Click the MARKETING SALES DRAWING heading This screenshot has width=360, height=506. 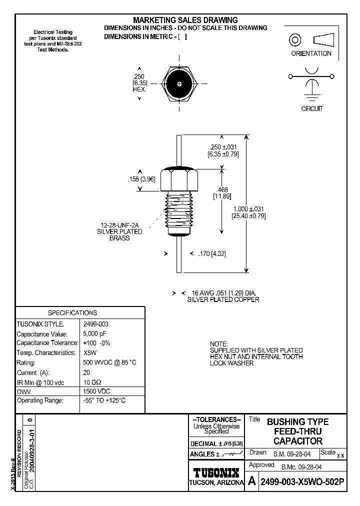pyautogui.click(x=185, y=20)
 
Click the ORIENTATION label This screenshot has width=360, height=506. pyautogui.click(x=311, y=53)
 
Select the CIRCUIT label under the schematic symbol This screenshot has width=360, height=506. pyautogui.click(x=311, y=108)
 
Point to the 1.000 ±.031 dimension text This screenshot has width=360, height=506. pyautogui.click(x=248, y=209)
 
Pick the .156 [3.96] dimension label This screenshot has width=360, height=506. pyautogui.click(x=142, y=179)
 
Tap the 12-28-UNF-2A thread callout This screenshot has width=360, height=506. pyautogui.click(x=119, y=225)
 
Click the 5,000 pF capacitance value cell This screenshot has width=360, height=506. pyautogui.click(x=94, y=333)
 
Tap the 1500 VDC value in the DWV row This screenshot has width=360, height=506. pyautogui.click(x=96, y=391)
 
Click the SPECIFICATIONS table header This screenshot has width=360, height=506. pyautogui.click(x=72, y=312)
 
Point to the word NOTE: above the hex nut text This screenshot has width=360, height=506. pyautogui.click(x=218, y=344)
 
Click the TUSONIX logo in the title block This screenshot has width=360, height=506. pyautogui.click(x=216, y=472)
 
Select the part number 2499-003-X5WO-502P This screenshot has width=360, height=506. pyautogui.click(x=302, y=481)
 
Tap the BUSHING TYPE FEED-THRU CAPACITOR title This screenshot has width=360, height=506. pyautogui.click(x=297, y=431)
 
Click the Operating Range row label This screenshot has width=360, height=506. pyautogui.click(x=40, y=400)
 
